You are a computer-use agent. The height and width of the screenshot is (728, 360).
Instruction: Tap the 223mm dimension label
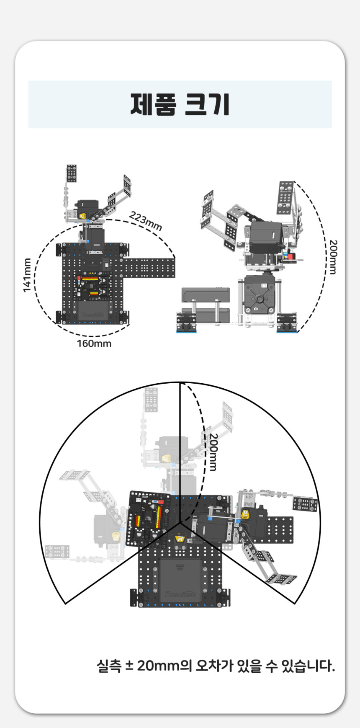click(145, 221)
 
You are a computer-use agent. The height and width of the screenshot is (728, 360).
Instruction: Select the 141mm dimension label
click(27, 275)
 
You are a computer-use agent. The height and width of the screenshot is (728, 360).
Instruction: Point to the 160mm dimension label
click(94, 344)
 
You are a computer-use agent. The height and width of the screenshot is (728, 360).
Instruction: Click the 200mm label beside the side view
click(333, 257)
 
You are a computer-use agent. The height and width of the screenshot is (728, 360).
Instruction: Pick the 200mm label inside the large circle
click(213, 452)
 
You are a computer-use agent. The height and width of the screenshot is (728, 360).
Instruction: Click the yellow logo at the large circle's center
click(180, 538)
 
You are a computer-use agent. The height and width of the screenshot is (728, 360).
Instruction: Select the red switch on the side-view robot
click(290, 254)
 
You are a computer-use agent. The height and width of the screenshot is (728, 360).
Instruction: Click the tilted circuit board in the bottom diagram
click(149, 519)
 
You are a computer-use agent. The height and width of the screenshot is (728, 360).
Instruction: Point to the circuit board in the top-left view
click(93, 286)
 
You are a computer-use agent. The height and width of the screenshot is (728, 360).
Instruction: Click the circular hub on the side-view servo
click(260, 299)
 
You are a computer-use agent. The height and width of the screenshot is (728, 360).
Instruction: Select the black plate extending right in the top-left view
click(148, 268)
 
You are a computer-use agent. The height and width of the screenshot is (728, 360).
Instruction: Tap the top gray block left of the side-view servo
click(206, 294)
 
